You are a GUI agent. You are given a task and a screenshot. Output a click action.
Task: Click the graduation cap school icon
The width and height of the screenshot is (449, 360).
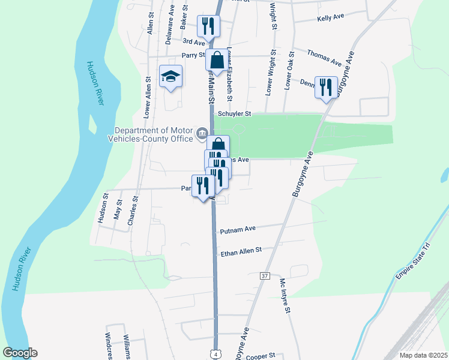(170, 76)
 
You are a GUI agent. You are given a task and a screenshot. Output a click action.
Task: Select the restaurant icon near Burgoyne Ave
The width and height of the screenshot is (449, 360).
(326, 87)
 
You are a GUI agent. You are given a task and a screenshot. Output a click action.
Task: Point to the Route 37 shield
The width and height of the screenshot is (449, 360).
(265, 276)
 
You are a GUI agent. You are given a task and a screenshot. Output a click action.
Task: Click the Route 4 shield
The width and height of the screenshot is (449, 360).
(214, 354)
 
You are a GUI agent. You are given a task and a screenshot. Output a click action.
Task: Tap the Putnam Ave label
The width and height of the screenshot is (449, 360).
(238, 229)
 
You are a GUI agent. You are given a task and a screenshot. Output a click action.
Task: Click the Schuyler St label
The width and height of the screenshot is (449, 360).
(234, 113)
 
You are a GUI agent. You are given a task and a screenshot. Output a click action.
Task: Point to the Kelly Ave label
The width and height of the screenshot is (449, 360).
(330, 19)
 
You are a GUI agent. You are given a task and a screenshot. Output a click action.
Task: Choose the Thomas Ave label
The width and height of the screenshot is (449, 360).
(324, 58)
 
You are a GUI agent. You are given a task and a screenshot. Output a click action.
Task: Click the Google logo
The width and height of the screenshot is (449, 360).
(20, 353)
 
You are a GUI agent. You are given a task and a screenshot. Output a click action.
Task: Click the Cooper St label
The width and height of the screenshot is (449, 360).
(260, 355)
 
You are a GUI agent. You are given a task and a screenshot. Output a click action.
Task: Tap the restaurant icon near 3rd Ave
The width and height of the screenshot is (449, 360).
(208, 26)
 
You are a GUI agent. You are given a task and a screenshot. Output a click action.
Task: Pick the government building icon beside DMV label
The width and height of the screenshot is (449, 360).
(202, 132)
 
